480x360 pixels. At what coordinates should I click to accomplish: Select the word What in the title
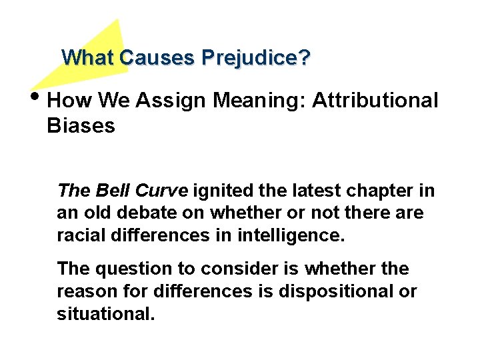point(88,58)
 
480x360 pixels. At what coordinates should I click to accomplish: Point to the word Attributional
point(375,101)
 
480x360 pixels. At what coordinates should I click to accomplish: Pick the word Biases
point(81,125)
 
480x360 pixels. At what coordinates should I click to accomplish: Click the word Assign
point(173,101)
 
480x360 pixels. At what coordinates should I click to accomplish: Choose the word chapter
point(382,191)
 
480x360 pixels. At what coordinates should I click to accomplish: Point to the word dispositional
point(337,291)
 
